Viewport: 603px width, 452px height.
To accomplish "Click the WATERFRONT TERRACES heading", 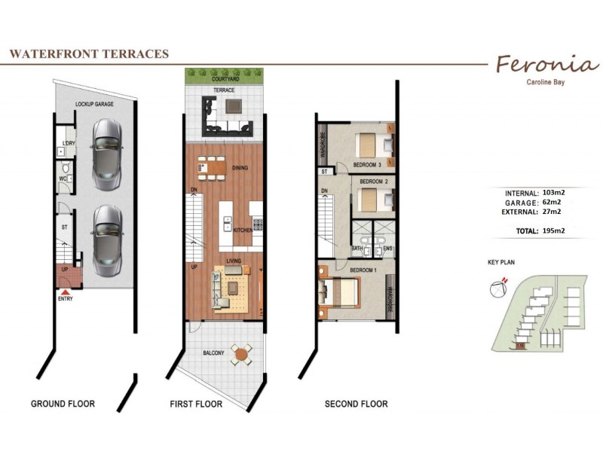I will (88, 54).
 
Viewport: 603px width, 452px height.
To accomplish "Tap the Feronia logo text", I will (543, 63).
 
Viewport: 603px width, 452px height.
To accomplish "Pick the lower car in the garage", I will (107, 240).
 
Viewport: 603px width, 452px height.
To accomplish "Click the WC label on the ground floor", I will (64, 179).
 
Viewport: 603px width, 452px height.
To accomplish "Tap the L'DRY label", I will (68, 143).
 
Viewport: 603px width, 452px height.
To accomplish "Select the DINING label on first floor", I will (241, 168).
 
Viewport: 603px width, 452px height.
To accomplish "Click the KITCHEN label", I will (243, 230).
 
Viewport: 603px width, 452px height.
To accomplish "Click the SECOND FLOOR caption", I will (356, 405).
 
